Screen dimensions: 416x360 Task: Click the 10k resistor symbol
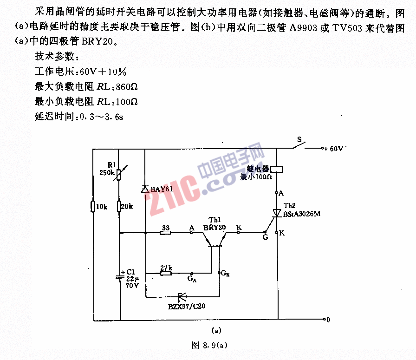[93, 206]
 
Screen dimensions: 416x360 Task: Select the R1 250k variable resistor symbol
[118, 174]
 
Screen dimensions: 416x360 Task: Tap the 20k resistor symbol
[119, 206]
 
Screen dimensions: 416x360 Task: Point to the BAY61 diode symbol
[145, 189]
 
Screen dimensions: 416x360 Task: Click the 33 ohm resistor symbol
[165, 233]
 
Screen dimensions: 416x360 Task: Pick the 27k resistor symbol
[166, 273]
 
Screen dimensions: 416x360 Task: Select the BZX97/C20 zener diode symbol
[182, 297]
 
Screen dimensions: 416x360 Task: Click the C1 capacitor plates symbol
[120, 277]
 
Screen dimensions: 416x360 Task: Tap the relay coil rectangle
[277, 170]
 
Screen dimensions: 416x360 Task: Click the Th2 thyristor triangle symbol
[277, 213]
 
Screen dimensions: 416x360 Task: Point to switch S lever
[299, 145]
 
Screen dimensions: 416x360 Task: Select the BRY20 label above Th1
[214, 228]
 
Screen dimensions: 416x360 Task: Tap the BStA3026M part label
[302, 214]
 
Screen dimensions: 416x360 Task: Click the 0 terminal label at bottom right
[328, 320]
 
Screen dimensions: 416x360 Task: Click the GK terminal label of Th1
[225, 273]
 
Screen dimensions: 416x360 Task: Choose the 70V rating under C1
[132, 286]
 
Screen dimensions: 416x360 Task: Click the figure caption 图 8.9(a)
[209, 345]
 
